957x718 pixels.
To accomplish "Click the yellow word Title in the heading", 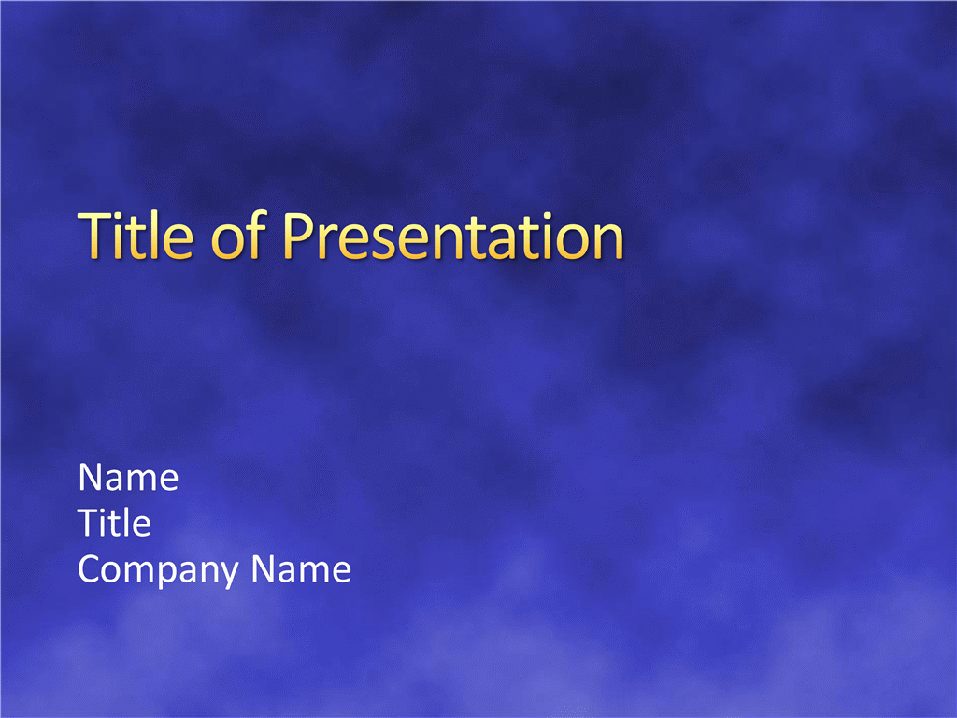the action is (136, 235).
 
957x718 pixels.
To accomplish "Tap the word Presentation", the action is (453, 236).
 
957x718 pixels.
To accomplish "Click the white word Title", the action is (114, 523).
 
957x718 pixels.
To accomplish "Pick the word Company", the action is (156, 570).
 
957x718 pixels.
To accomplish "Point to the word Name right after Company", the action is (301, 569).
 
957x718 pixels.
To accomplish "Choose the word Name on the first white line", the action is (128, 477).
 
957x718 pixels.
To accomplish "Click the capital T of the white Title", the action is (88, 524).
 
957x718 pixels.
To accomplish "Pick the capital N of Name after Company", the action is (264, 569).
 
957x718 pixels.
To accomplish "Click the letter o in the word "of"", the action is (228, 240).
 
